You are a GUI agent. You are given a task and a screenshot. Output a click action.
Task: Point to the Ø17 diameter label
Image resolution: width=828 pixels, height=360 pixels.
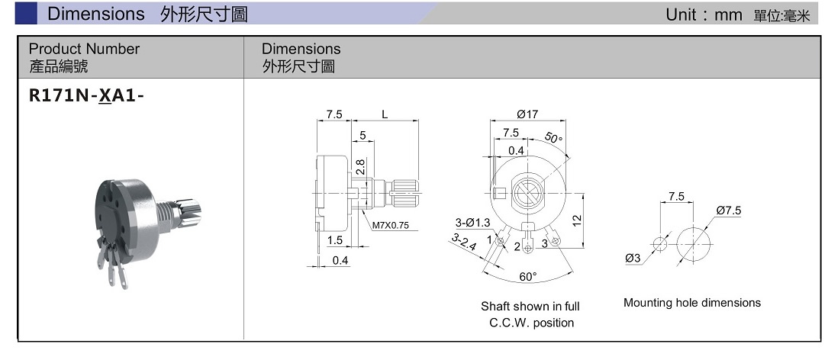tap(527, 114)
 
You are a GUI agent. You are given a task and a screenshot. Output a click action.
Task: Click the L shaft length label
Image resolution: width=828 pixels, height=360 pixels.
tap(385, 114)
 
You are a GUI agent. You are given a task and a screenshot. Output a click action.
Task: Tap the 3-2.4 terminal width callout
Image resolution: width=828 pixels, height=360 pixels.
tap(463, 243)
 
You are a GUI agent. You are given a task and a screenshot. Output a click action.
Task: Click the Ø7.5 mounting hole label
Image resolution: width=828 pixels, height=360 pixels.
tap(729, 211)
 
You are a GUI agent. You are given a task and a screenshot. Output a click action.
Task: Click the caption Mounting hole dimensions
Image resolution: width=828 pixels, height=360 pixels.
tap(692, 303)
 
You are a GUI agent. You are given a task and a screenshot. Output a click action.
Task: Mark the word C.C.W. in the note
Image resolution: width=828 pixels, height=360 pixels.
tap(507, 323)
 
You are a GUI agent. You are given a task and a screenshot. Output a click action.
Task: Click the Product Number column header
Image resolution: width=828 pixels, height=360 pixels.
tap(84, 49)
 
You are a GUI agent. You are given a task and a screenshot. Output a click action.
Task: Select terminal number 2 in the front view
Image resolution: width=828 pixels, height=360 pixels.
tap(517, 246)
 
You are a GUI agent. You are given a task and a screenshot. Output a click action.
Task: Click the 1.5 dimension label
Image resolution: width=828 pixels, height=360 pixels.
tap(334, 240)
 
